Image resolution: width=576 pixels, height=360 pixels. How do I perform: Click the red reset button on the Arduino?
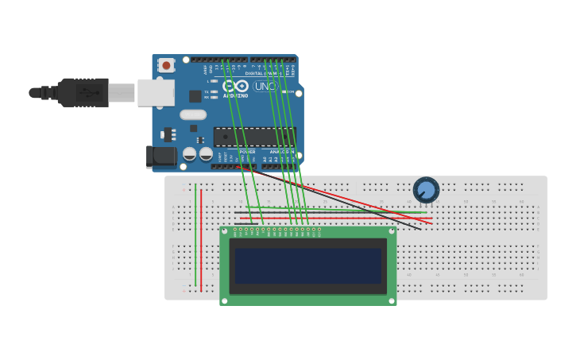pyautogui.click(x=166, y=65)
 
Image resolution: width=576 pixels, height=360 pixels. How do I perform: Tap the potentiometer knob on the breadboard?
pyautogui.click(x=426, y=190)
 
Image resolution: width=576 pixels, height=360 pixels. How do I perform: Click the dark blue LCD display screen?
pyautogui.click(x=307, y=265)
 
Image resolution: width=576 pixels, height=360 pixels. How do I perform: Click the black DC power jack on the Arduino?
pyautogui.click(x=161, y=157)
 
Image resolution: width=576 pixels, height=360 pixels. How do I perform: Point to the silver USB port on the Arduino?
pyautogui.click(x=156, y=92)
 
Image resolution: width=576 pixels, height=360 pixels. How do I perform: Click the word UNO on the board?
pyautogui.click(x=265, y=86)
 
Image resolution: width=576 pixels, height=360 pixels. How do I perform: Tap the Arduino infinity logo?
pyautogui.click(x=235, y=86)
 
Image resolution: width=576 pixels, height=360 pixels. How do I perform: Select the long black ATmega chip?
pyautogui.click(x=254, y=137)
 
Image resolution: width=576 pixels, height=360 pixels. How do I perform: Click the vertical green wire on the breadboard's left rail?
pyautogui.click(x=195, y=238)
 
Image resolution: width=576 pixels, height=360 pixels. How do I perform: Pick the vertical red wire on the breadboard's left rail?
pyautogui.click(x=201, y=238)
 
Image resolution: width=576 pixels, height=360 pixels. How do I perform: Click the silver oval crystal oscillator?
pyautogui.click(x=193, y=114)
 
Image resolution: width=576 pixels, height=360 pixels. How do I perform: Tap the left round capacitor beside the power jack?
pyautogui.click(x=190, y=153)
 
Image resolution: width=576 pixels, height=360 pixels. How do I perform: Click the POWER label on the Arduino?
pyautogui.click(x=248, y=151)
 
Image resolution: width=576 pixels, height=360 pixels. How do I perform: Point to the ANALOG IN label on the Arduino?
pyautogui.click(x=282, y=151)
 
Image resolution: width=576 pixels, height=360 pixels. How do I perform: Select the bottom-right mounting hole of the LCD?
pyautogui.click(x=391, y=300)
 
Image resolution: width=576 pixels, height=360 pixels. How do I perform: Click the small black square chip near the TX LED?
pyautogui.click(x=195, y=96)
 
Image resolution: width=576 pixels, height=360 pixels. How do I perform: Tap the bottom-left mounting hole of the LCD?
pyautogui.click(x=225, y=300)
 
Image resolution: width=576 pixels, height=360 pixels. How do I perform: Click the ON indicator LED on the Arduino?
pyautogui.click(x=284, y=92)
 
